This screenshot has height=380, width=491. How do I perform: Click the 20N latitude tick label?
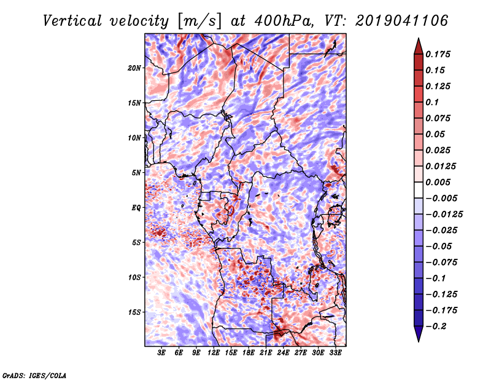tap(134, 68)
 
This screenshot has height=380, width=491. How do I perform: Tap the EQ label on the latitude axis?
tap(136, 208)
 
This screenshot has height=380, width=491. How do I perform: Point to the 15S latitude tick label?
tap(134, 312)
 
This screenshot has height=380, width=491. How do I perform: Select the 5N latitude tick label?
tap(136, 173)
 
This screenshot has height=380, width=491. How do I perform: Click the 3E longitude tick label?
tap(161, 353)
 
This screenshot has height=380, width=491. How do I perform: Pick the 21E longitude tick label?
tap(266, 353)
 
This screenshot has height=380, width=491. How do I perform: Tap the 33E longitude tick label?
tap(335, 353)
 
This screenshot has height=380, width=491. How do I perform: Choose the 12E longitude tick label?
tap(213, 353)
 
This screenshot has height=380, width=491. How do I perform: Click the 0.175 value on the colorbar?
tap(438, 54)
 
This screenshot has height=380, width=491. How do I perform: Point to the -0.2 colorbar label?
tap(436, 327)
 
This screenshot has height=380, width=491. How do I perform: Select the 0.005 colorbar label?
tap(438, 182)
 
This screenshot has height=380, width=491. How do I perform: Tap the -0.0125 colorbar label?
tap(444, 215)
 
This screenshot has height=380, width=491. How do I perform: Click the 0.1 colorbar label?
tap(432, 102)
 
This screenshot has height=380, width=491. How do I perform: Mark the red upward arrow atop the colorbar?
tap(419, 46)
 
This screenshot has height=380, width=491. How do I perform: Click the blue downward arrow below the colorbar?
tap(419, 334)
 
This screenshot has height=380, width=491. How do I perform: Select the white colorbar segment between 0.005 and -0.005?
tap(419, 190)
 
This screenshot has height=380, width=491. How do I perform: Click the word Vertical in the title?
tap(72, 21)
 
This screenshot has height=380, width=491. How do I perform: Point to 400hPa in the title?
tap(284, 21)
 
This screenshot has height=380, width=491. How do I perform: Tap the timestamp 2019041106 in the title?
tap(402, 21)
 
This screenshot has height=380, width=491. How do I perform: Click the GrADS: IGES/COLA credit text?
tap(34, 375)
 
